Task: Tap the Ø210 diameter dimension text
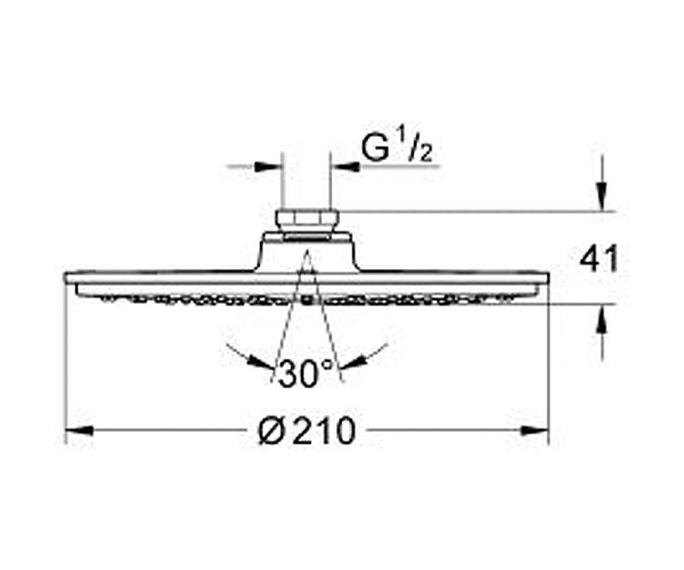(308, 431)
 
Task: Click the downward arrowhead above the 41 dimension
(601, 198)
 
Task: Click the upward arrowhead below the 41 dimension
(601, 318)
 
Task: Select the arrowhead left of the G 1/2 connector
(269, 166)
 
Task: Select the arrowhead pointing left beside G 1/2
(343, 166)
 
